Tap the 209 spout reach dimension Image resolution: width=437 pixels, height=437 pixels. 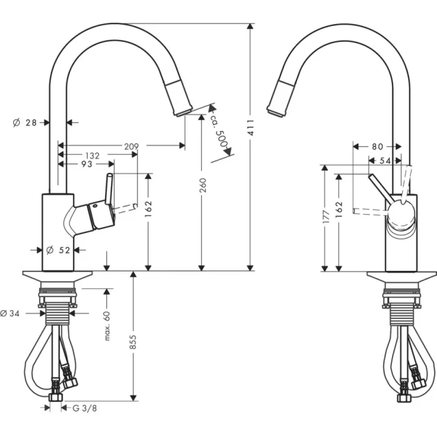(131, 146)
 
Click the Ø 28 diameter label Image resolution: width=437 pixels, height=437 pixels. (26, 123)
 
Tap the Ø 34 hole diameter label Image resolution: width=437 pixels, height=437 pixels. (11, 313)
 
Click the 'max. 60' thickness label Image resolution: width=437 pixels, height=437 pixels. (107, 325)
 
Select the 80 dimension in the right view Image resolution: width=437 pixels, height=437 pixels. (376, 147)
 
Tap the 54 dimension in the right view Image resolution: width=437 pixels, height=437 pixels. (385, 161)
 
